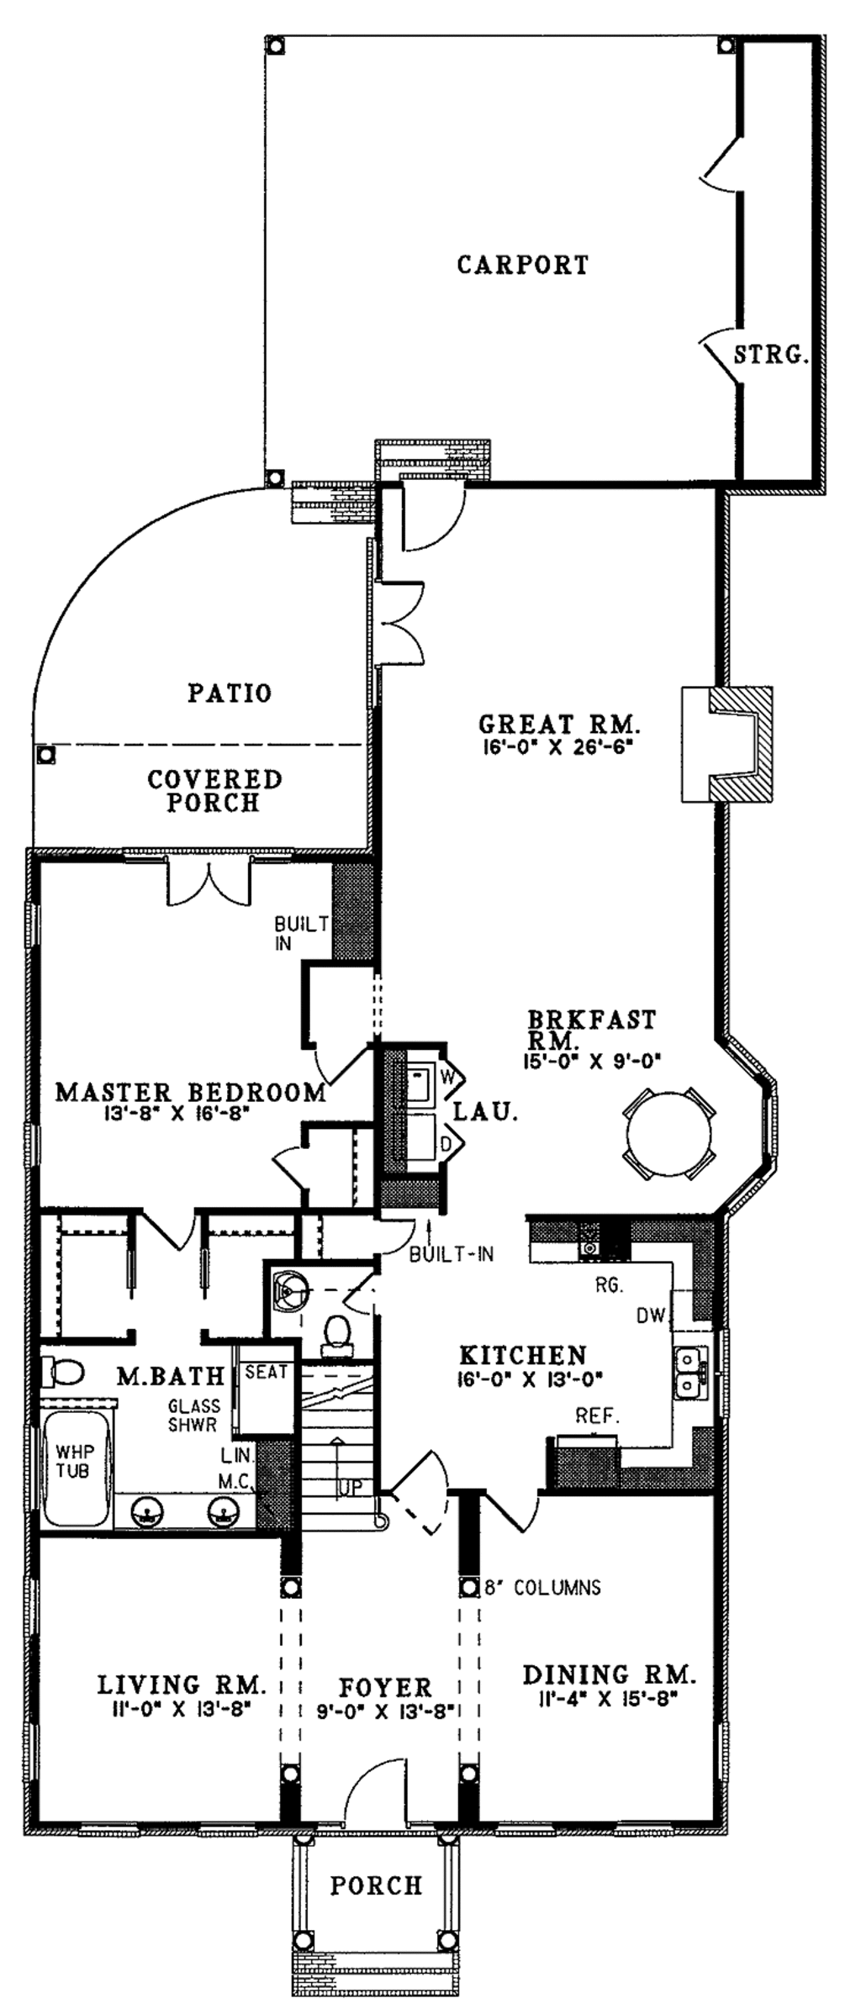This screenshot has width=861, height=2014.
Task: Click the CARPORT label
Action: pyautogui.click(x=522, y=265)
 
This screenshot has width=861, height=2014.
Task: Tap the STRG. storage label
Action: pyautogui.click(x=771, y=354)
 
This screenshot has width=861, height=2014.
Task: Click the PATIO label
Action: pyautogui.click(x=230, y=693)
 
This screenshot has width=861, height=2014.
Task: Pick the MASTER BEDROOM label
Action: pyautogui.click(x=191, y=1093)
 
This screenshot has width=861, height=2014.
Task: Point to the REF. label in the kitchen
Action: pyautogui.click(x=597, y=1416)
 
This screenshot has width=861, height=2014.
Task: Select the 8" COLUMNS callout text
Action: pyautogui.click(x=543, y=1587)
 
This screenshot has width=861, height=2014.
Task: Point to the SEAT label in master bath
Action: pyautogui.click(x=266, y=1373)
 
